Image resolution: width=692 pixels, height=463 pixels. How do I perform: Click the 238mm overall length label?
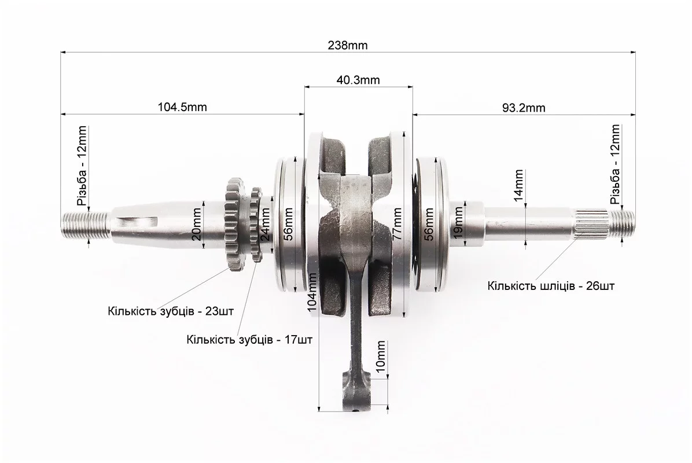tap(347, 45)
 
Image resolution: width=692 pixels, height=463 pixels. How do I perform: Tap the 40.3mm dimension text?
tap(358, 80)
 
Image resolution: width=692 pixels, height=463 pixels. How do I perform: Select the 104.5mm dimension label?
tap(182, 107)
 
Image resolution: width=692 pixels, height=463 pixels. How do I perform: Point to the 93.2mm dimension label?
tap(524, 108)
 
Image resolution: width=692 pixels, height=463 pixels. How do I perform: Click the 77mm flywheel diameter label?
tap(396, 224)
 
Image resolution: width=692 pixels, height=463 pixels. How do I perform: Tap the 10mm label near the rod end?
tap(380, 357)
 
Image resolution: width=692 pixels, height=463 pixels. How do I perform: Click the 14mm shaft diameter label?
tap(519, 185)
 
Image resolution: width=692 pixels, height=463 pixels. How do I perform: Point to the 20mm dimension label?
tap(197, 224)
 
